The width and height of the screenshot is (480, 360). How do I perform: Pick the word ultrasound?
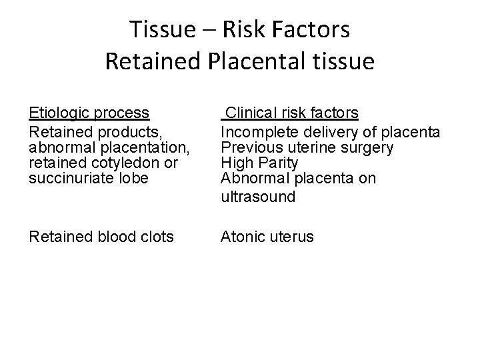258,197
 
